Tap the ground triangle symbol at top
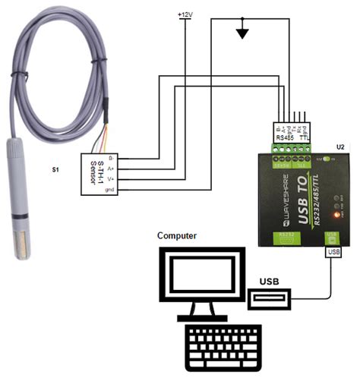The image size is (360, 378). (x=242, y=33)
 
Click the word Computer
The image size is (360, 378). (x=177, y=236)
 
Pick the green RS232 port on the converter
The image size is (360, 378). (x=285, y=238)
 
